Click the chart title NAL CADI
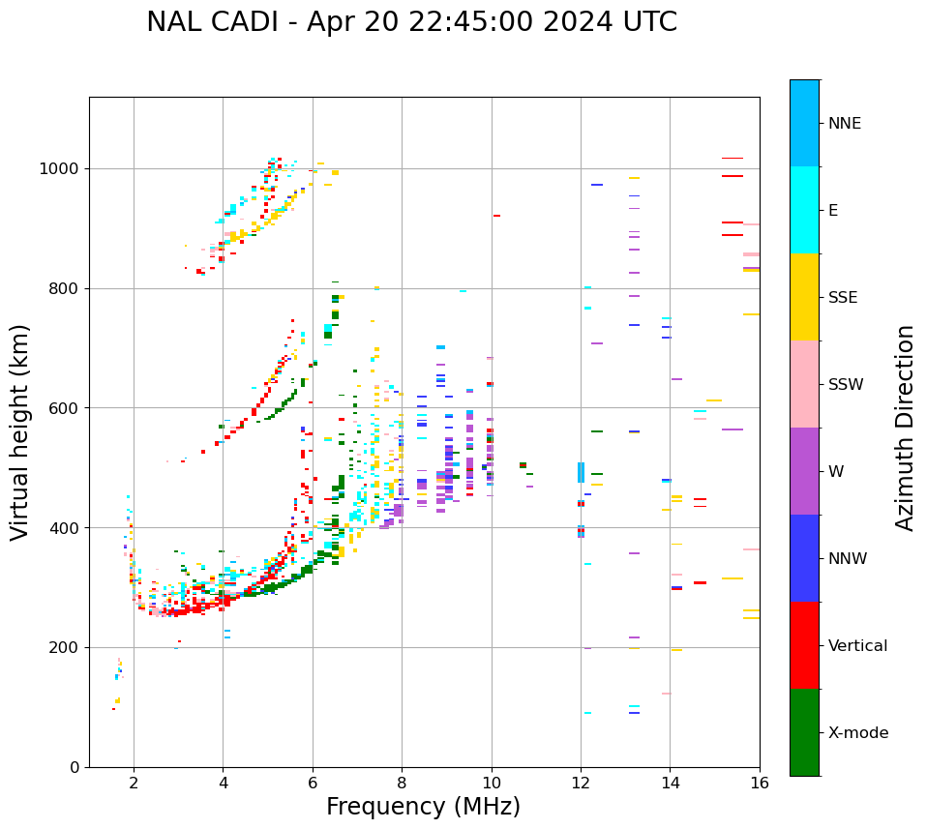[411, 22]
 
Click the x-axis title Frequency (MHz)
[423, 807]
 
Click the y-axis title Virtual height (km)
[20, 431]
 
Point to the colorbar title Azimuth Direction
[905, 428]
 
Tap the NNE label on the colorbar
[844, 124]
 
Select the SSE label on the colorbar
[842, 298]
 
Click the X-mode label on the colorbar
[857, 733]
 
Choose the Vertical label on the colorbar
[857, 646]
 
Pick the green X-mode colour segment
[804, 732]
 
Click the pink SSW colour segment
[804, 384]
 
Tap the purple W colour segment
[804, 471]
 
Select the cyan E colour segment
[804, 210]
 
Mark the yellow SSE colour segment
[804, 297]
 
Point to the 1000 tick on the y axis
[63, 169]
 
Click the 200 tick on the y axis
[67, 648]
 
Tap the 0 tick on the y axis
[75, 767]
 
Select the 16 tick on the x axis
[760, 783]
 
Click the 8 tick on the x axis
[402, 783]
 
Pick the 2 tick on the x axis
[134, 783]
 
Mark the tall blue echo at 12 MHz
[581, 472]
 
